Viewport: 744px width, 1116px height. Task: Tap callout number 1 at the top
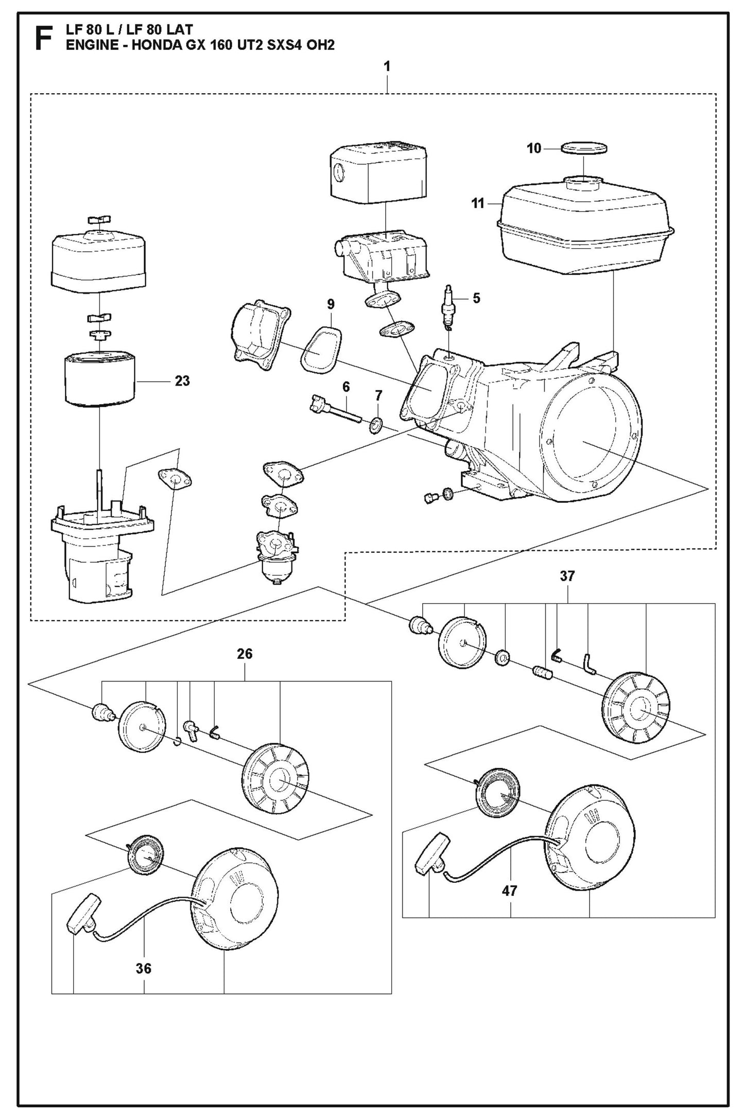point(387,66)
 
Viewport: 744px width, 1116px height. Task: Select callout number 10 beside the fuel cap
point(534,149)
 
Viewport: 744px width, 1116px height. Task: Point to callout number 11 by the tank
point(478,203)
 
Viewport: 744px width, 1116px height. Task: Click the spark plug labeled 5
point(448,307)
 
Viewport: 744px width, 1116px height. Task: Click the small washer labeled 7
point(376,425)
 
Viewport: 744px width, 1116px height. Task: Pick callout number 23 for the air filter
point(182,381)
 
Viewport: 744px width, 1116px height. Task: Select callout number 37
point(567,576)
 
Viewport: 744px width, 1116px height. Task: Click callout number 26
point(245,654)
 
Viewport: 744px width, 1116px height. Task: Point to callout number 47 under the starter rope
point(509,891)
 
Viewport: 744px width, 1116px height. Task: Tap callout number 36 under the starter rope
point(144,968)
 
